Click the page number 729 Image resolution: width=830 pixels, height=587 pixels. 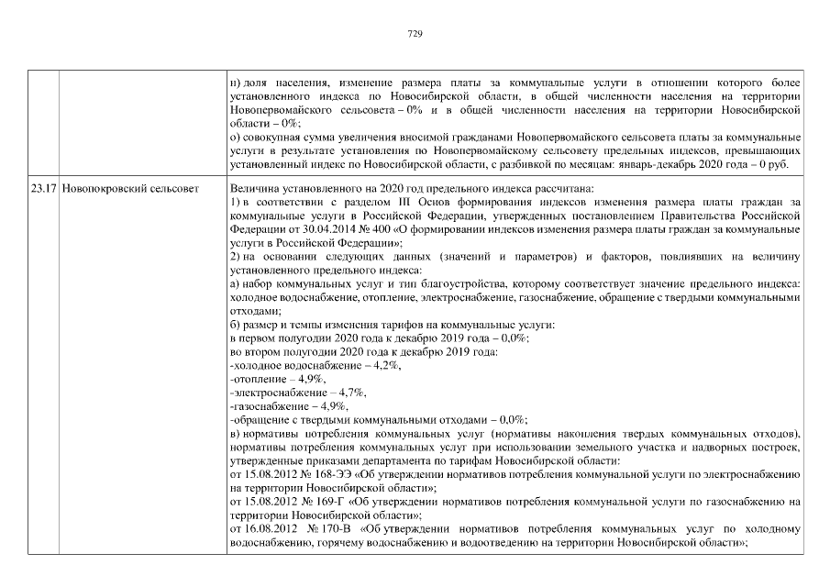414,34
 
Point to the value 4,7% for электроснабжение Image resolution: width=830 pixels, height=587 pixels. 352,392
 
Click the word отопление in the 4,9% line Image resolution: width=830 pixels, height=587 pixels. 257,378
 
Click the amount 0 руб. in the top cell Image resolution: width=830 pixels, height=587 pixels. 786,165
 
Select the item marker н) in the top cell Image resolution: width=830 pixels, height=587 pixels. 236,83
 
